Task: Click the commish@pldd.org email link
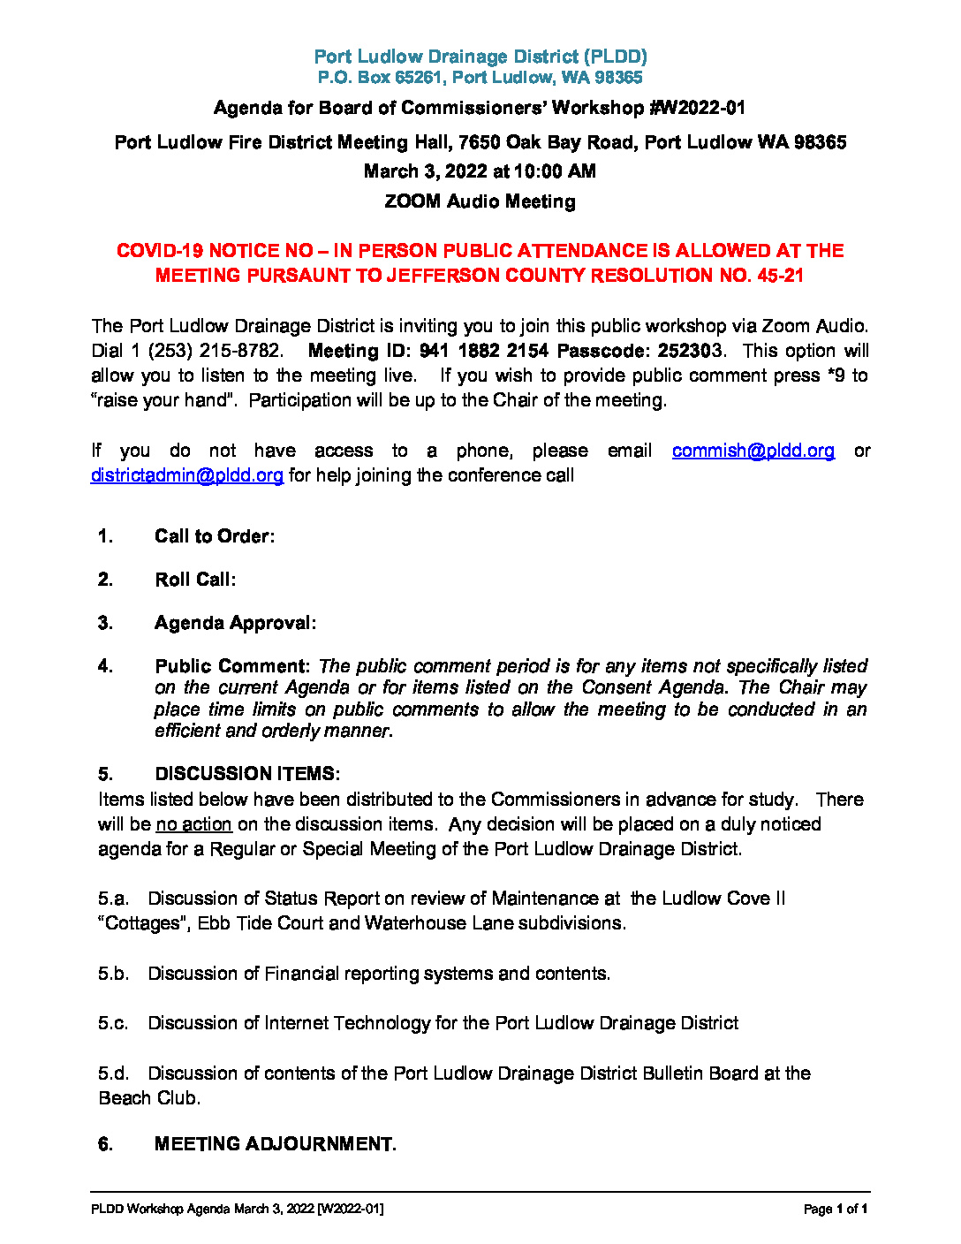click(x=753, y=451)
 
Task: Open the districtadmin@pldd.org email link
click(x=187, y=475)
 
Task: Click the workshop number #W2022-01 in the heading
click(x=698, y=108)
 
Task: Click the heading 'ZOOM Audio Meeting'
click(x=480, y=201)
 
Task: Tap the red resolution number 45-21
click(x=780, y=276)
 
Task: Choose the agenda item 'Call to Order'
click(x=213, y=536)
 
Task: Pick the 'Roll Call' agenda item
click(x=193, y=580)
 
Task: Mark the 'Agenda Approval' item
click(x=233, y=623)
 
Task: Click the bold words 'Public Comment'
click(x=230, y=666)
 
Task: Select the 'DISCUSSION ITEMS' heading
click(x=246, y=774)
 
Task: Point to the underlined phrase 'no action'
click(x=193, y=824)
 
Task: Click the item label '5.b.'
click(x=113, y=974)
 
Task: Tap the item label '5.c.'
click(x=113, y=1023)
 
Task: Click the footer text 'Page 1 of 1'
click(x=835, y=1209)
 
